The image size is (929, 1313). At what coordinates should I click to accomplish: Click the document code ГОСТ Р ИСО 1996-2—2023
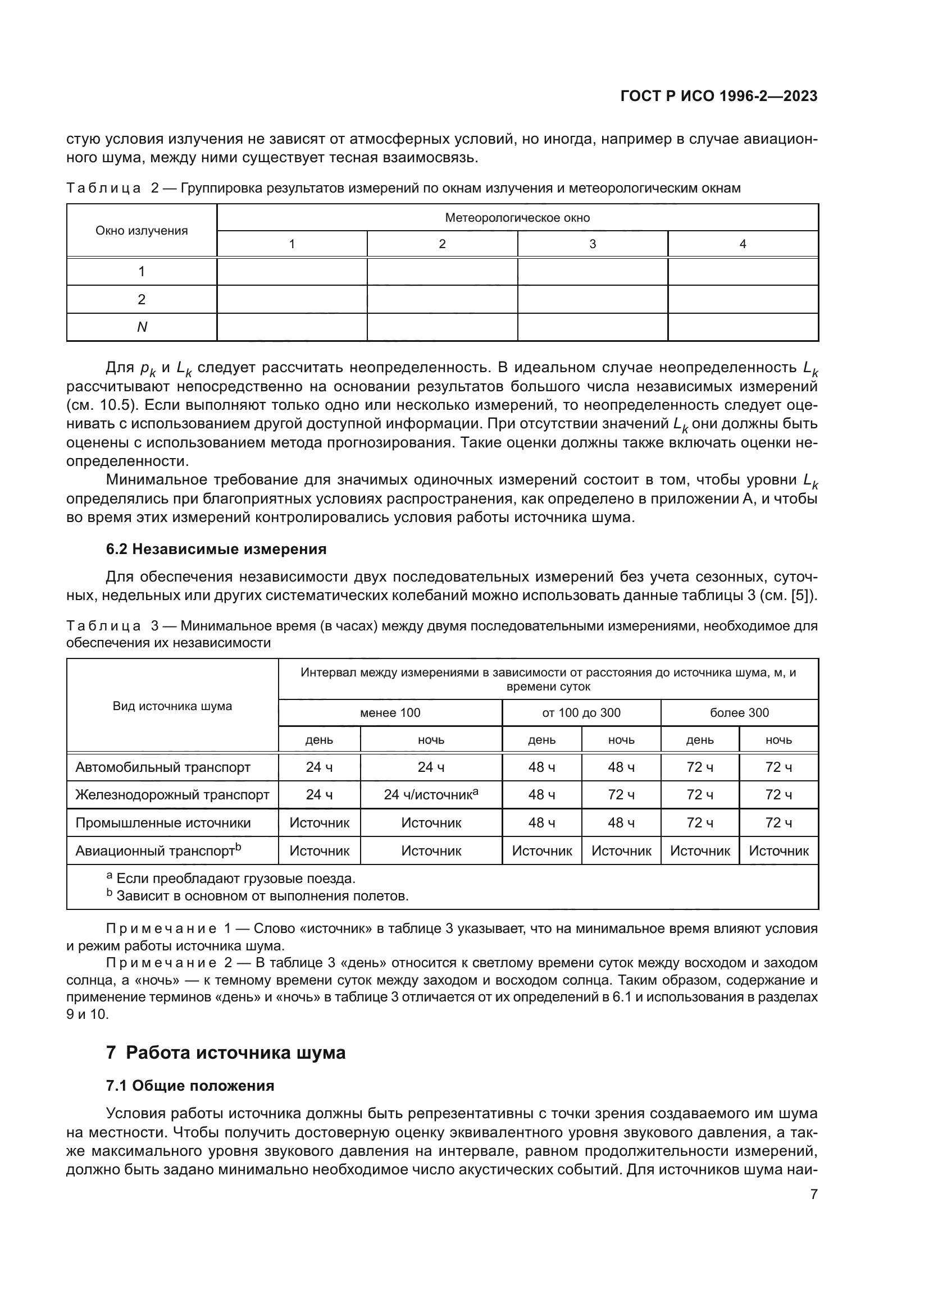718,96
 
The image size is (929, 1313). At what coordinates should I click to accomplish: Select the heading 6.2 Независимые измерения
216,549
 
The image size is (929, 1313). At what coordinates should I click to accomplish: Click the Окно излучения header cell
142,231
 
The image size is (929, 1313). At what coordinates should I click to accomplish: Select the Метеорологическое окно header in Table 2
517,217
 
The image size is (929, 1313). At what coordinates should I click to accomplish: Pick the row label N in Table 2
142,327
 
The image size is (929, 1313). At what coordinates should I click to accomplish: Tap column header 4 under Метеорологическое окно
743,244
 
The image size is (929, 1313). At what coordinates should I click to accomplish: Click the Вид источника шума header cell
172,706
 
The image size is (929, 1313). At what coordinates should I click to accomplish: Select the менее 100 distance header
390,712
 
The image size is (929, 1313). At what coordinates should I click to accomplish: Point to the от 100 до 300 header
581,712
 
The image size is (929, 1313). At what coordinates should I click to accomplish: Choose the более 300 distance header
739,712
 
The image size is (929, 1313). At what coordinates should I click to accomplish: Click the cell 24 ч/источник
431,795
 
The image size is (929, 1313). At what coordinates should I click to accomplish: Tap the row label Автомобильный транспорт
163,767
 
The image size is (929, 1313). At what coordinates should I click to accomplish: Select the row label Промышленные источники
163,823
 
